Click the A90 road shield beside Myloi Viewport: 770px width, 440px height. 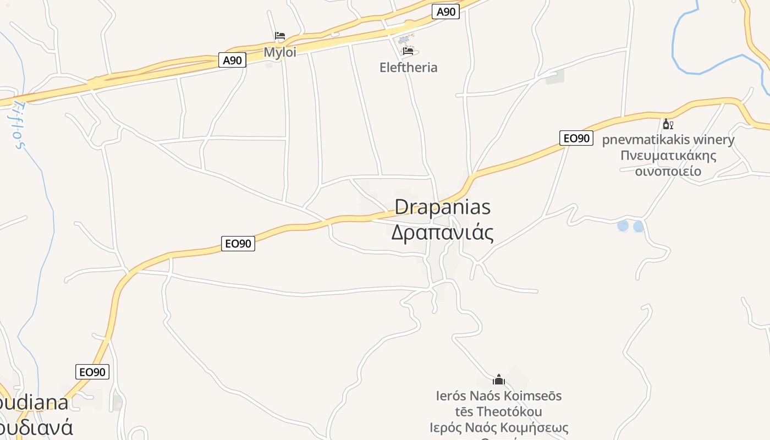232,60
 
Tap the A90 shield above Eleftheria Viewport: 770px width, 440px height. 445,12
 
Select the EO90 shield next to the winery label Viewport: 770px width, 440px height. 576,138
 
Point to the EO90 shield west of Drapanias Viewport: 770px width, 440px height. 238,243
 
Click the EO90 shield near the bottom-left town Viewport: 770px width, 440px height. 92,372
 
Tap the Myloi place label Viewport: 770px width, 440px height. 280,52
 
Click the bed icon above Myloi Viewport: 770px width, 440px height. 280,36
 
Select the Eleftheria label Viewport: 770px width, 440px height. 409,68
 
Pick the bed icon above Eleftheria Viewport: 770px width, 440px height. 408,51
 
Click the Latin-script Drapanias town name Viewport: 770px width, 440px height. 443,207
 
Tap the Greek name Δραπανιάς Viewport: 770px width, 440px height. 442,233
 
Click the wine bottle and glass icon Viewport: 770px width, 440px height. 668,124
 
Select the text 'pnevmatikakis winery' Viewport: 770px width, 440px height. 668,140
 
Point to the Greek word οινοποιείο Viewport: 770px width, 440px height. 668,171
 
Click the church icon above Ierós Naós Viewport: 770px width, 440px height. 499,380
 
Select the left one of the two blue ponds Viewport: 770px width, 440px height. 623,226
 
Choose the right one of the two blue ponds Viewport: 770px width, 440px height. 639,226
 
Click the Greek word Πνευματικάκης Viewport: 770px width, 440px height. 668,155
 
